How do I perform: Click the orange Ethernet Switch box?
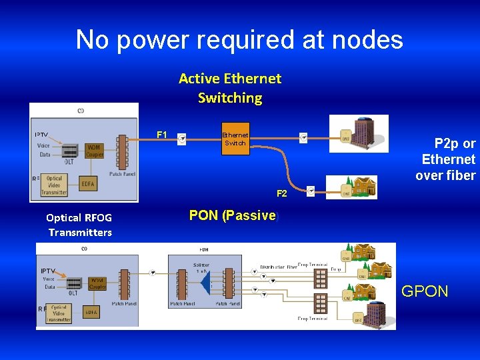tap(235, 139)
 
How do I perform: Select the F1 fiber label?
tap(161, 135)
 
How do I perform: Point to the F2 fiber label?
tap(282, 193)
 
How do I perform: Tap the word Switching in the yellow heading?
tap(230, 98)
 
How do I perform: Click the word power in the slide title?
tap(148, 40)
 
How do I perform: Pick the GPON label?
tap(425, 291)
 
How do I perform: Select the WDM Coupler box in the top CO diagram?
tap(94, 151)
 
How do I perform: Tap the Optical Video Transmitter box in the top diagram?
tap(53, 185)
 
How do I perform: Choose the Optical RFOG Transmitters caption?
tap(79, 225)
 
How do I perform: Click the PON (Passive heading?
tap(232, 215)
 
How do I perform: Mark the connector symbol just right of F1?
tap(181, 139)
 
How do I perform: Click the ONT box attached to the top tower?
tap(345, 139)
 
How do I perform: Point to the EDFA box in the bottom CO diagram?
tap(91, 311)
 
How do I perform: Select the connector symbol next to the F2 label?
tap(309, 191)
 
